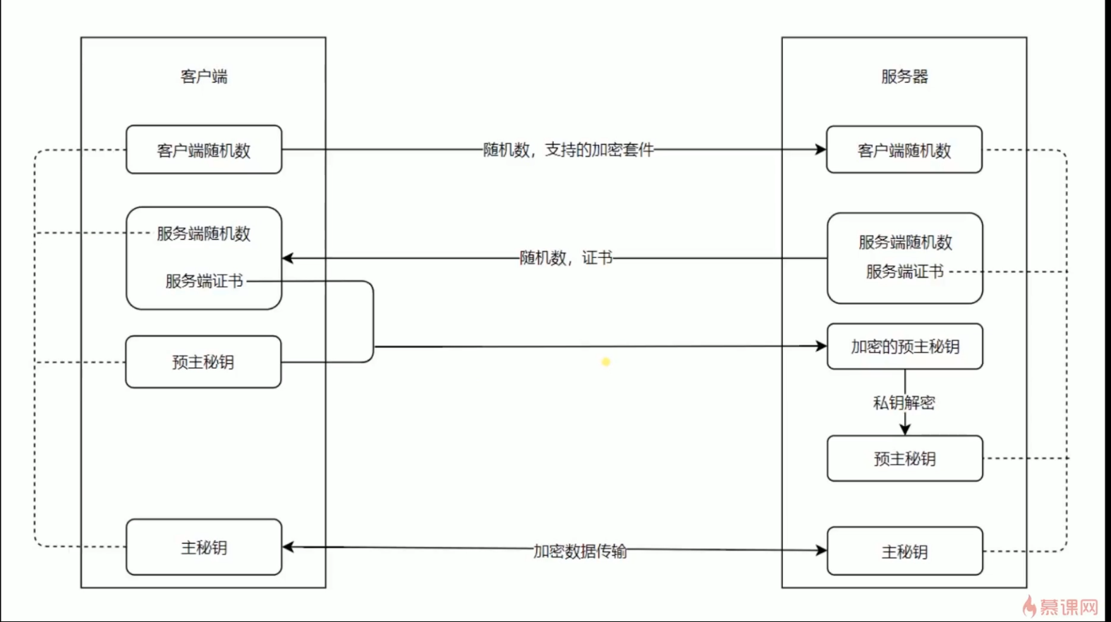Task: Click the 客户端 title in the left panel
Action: click(204, 76)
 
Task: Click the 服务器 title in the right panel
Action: click(904, 76)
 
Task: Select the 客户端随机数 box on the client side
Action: click(204, 150)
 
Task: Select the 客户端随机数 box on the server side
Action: click(904, 150)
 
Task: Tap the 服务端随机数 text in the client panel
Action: click(204, 233)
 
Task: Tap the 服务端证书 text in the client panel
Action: click(204, 281)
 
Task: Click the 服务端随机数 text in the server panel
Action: click(905, 242)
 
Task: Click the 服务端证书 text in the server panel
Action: click(904, 272)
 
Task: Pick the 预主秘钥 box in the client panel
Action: click(203, 362)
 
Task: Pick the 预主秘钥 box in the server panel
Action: click(904, 458)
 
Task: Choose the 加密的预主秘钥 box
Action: click(904, 346)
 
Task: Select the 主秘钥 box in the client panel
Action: click(204, 547)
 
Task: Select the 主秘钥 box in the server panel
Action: click(904, 551)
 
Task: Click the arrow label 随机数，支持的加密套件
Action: click(569, 150)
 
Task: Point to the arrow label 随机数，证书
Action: click(566, 258)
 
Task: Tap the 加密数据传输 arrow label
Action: click(580, 551)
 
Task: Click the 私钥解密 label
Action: click(904, 403)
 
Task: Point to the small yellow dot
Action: click(605, 362)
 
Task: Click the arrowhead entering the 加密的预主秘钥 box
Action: click(821, 346)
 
